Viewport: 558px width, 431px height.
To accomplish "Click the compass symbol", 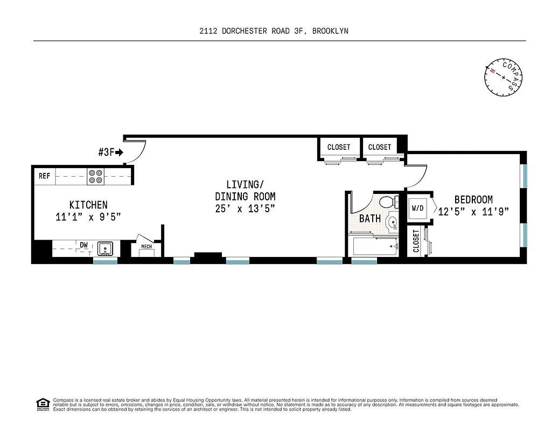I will (x=504, y=78).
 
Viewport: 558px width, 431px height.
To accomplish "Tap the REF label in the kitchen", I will (x=44, y=176).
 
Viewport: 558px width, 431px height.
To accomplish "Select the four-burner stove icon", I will (x=95, y=176).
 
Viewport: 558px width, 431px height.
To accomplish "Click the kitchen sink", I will (x=105, y=249).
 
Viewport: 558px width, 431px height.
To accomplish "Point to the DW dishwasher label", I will (x=83, y=245).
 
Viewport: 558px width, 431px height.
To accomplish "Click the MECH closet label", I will (x=147, y=247).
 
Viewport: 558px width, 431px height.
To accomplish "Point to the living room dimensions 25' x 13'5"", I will (x=245, y=208).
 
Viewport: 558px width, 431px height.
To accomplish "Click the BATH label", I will (x=370, y=219).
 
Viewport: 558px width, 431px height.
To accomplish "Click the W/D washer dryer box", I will (x=418, y=207).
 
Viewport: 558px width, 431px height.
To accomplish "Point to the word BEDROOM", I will (x=473, y=200).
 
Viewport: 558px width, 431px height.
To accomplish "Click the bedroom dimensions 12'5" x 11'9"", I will (x=473, y=212).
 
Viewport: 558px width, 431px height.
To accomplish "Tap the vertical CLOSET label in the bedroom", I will (x=416, y=241).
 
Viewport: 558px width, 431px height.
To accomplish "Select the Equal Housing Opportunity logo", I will (x=41, y=404).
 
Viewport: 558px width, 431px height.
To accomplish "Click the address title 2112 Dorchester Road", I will (x=274, y=31).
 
